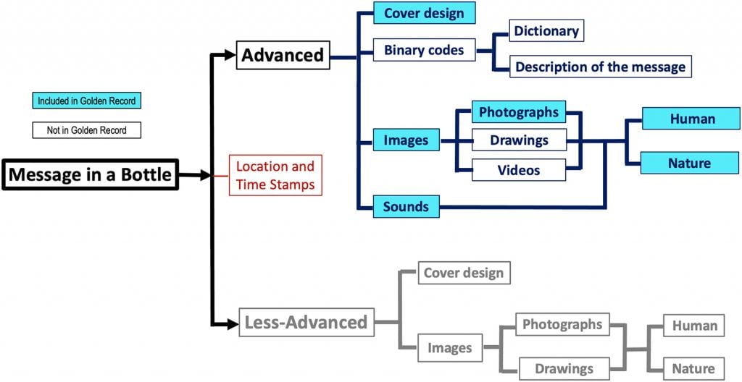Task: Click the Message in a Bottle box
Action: pyautogui.click(x=91, y=174)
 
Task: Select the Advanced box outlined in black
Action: pyautogui.click(x=283, y=55)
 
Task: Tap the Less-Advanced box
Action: pyautogui.click(x=306, y=321)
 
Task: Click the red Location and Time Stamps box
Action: pyautogui.click(x=275, y=175)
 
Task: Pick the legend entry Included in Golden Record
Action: pyautogui.click(x=86, y=101)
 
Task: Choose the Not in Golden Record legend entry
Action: pyautogui.click(x=86, y=130)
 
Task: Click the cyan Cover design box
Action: pyautogui.click(x=424, y=13)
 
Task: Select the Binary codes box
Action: pyautogui.click(x=424, y=50)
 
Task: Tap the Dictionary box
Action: pyautogui.click(x=546, y=31)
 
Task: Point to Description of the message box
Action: pyautogui.click(x=599, y=67)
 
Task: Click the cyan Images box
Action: pyautogui.click(x=406, y=140)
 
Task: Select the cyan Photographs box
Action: pyautogui.click(x=519, y=112)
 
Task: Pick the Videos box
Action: pyautogui.click(x=519, y=170)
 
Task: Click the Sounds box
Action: pyautogui.click(x=406, y=206)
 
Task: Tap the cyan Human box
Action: pyautogui.click(x=692, y=119)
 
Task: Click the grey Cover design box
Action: pyautogui.click(x=464, y=273)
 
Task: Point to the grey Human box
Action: pyautogui.click(x=694, y=326)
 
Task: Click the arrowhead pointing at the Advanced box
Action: pyautogui.click(x=230, y=55)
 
